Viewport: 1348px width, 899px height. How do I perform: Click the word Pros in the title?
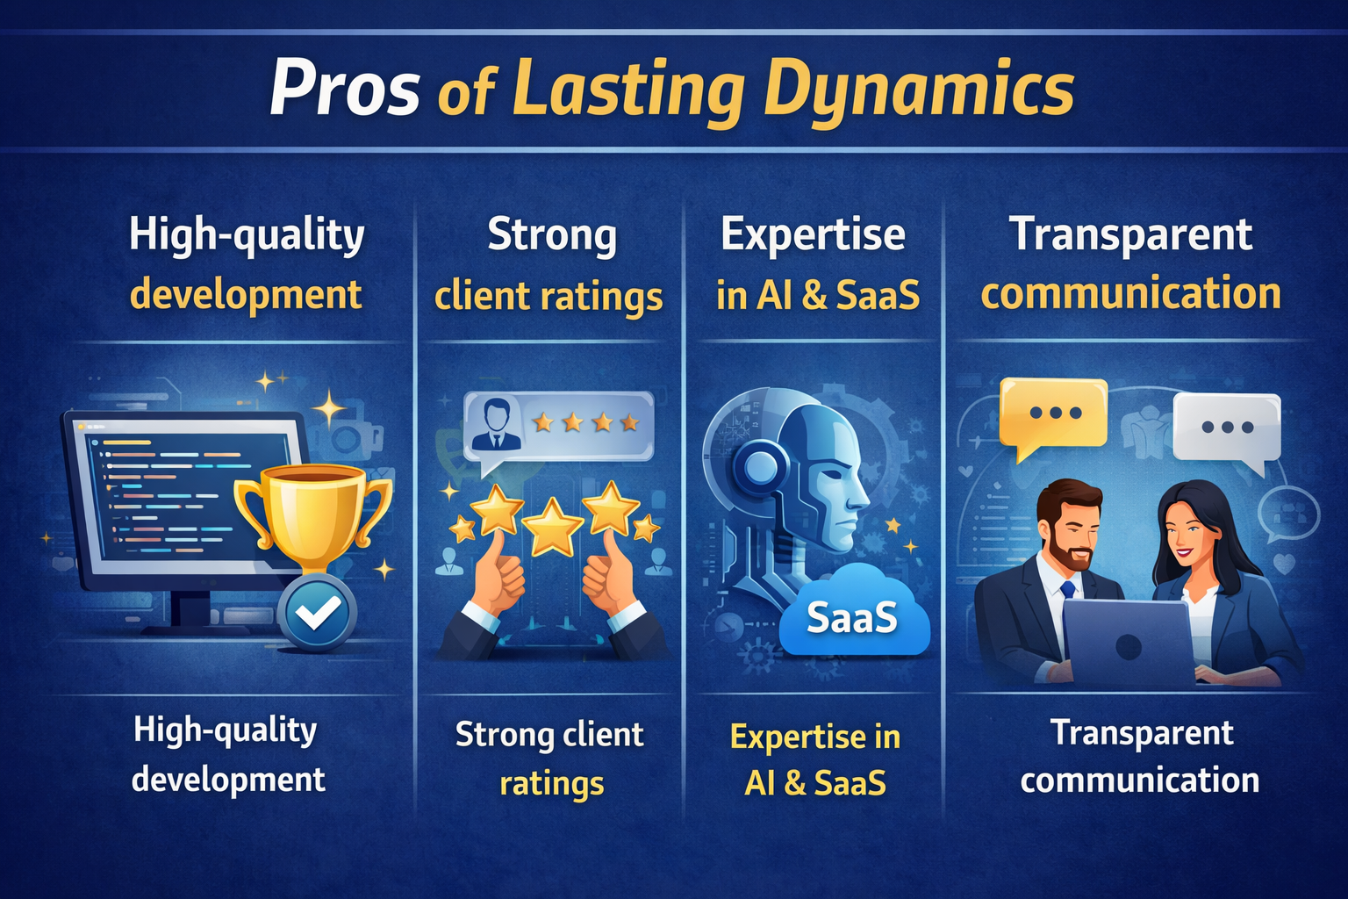(x=345, y=90)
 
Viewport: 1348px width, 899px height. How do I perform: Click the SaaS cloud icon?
(x=854, y=615)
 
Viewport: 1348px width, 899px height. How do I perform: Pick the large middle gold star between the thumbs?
(x=552, y=527)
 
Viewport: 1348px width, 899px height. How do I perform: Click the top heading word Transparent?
(x=1130, y=234)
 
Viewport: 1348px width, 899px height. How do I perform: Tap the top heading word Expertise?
(x=813, y=234)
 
